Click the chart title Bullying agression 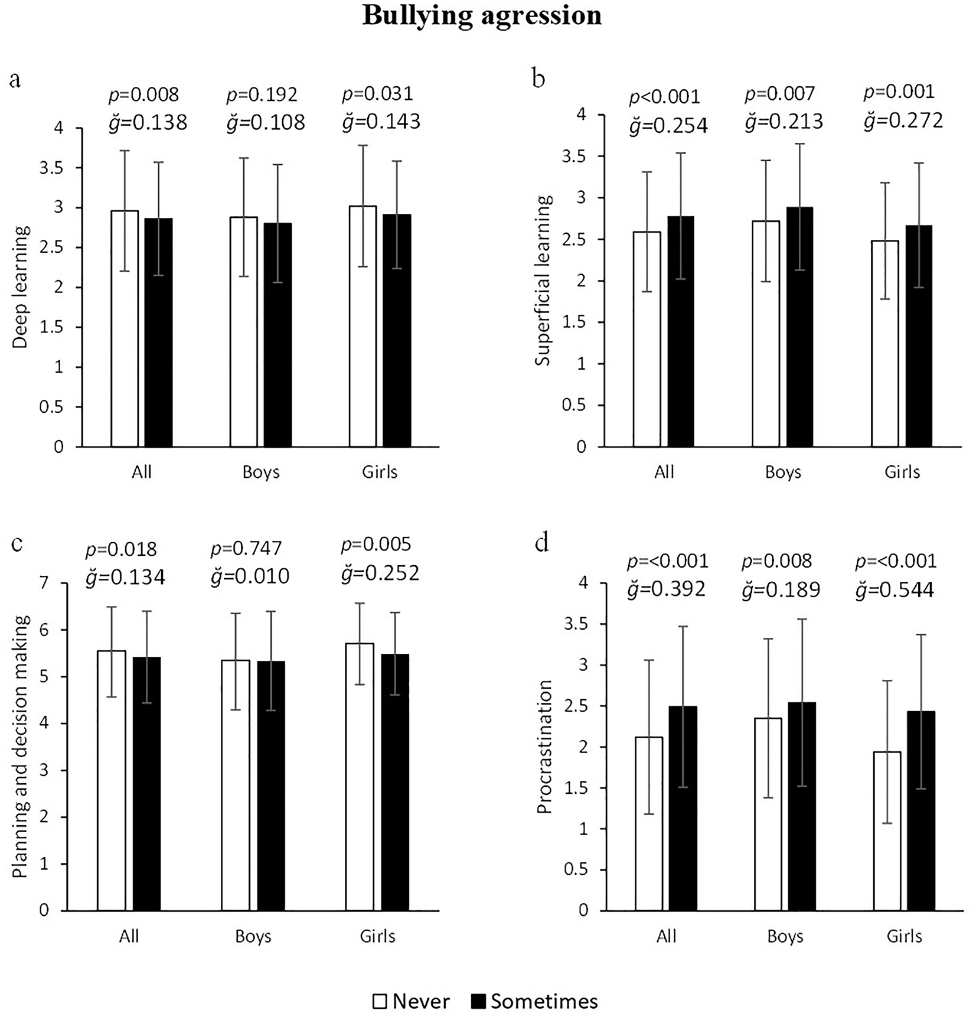pyautogui.click(x=482, y=16)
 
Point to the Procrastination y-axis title pyautogui.click(x=544, y=747)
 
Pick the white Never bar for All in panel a pyautogui.click(x=125, y=328)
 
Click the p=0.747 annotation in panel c pyautogui.click(x=246, y=549)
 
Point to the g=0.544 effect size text pyautogui.click(x=895, y=589)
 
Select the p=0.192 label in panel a pyautogui.click(x=262, y=94)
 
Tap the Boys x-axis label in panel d pyautogui.click(x=785, y=936)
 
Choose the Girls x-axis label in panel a pyautogui.click(x=380, y=472)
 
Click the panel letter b pyautogui.click(x=538, y=79)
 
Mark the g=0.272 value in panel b pyautogui.click(x=903, y=120)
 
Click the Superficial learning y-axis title pyautogui.click(x=543, y=280)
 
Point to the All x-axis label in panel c pyautogui.click(x=129, y=936)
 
